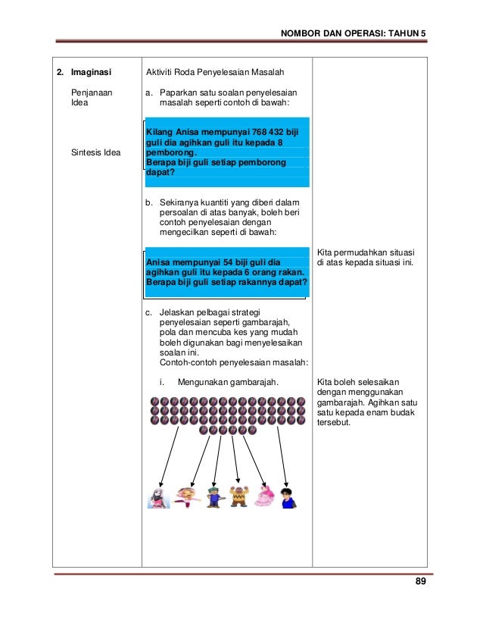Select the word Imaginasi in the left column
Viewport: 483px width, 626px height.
pos(91,74)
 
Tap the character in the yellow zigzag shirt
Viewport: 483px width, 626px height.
pos(239,496)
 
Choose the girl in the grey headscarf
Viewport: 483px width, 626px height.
pos(158,496)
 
